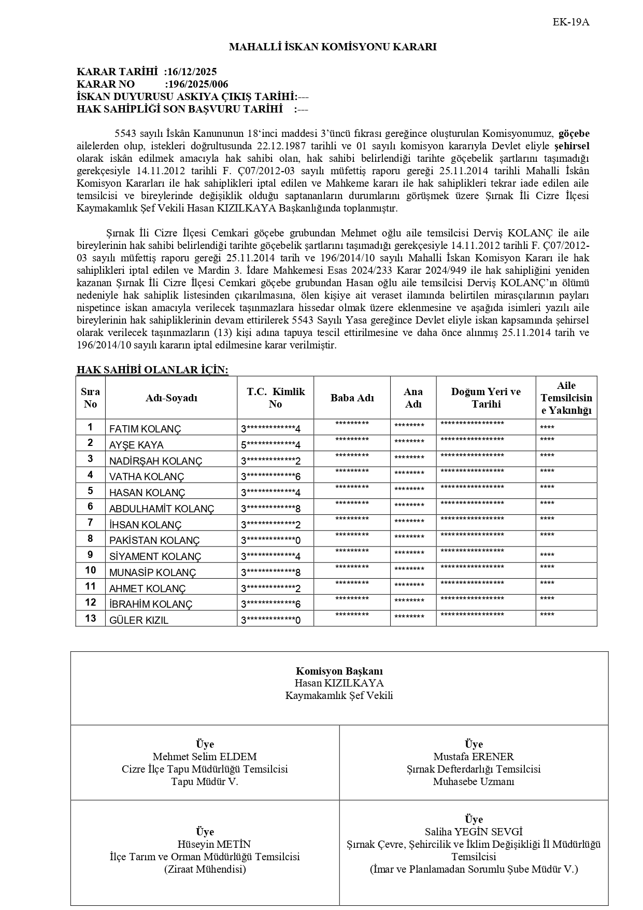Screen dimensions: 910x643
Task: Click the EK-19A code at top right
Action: (x=571, y=22)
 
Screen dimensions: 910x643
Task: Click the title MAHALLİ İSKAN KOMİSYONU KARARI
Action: (x=333, y=47)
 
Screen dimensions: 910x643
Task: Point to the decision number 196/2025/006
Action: (x=197, y=85)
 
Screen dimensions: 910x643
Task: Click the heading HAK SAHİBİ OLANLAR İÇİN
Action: (x=152, y=370)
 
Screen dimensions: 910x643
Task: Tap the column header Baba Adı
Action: (x=352, y=398)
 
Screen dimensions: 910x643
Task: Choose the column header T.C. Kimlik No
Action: (x=275, y=398)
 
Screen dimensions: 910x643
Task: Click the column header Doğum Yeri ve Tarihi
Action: (x=485, y=398)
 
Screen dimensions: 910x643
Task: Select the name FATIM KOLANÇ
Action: (x=145, y=429)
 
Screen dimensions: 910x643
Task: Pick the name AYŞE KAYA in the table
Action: (x=136, y=445)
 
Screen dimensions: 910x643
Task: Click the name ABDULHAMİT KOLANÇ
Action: (x=162, y=509)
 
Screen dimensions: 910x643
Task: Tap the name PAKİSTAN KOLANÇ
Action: (x=154, y=540)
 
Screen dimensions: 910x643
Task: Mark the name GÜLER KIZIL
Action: (x=139, y=620)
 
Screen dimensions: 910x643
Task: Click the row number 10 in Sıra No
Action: (x=91, y=570)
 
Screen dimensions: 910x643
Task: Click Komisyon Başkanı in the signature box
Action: (x=339, y=671)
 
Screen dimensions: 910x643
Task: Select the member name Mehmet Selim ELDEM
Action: (x=205, y=757)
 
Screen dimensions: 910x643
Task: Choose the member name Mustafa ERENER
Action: (x=474, y=757)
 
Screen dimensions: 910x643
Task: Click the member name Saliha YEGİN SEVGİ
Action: (x=474, y=832)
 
